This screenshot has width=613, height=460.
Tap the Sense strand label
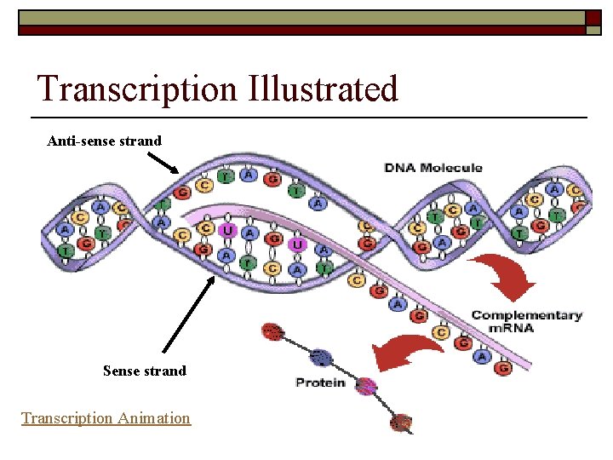144,371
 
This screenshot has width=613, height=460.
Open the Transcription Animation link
106,417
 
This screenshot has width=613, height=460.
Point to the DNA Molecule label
433,167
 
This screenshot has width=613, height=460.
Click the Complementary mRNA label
527,321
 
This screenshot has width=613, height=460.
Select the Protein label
320,382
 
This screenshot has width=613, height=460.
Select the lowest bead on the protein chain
402,421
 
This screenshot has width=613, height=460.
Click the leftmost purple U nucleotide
227,229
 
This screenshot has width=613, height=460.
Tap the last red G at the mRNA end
502,369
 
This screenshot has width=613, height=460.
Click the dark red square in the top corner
593,18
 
